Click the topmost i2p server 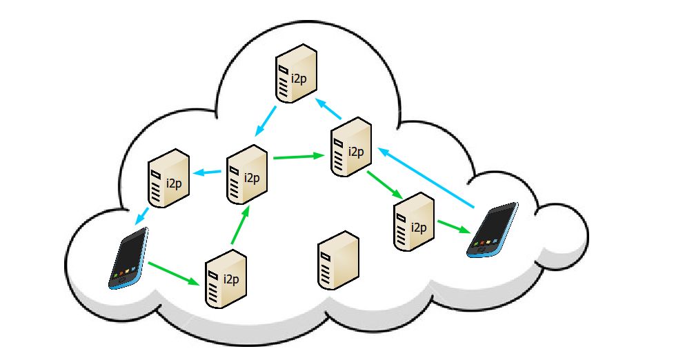coord(296,74)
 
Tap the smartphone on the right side coord(492,230)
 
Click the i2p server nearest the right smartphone coord(415,221)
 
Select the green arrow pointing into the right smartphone coord(453,227)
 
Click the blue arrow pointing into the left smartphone coord(142,214)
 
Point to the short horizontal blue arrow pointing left coord(209,172)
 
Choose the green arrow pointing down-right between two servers coord(382,184)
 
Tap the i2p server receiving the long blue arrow coord(350,147)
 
